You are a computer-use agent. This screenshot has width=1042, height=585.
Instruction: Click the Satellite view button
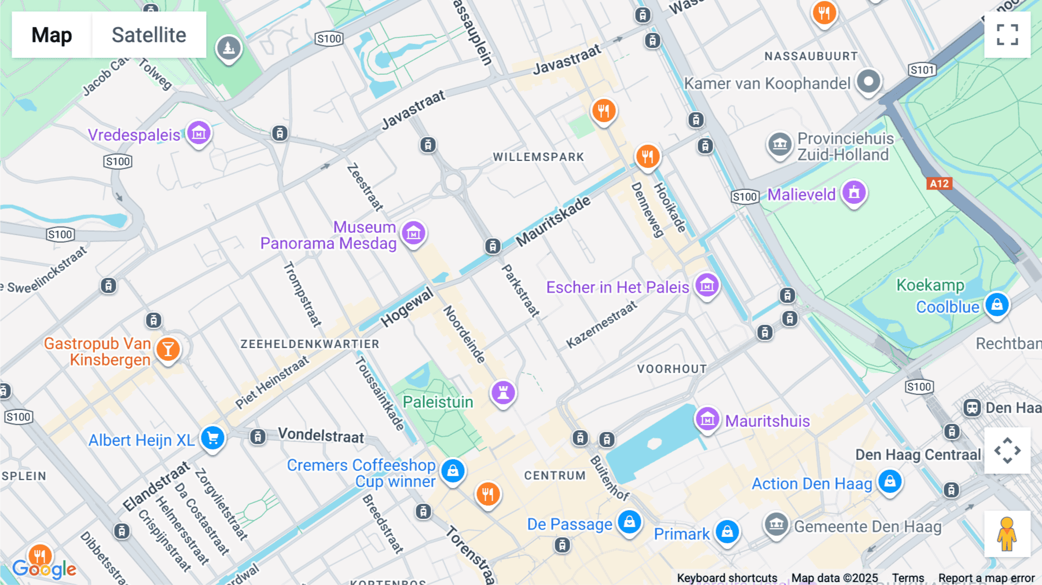point(149,35)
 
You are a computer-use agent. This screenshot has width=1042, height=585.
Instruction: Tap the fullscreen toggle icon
point(1007,35)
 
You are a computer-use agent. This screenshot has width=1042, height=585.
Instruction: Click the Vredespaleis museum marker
point(199,134)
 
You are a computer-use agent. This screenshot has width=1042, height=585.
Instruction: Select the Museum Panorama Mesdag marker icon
point(413,233)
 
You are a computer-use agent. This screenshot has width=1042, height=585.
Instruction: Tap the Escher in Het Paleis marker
point(707,286)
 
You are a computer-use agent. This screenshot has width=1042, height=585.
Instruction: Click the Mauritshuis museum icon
point(707,419)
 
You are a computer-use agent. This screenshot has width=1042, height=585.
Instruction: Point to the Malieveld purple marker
point(854,193)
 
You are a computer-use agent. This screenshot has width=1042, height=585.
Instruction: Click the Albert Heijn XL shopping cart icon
point(212,438)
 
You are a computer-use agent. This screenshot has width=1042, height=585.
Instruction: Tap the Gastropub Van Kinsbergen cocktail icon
point(168,349)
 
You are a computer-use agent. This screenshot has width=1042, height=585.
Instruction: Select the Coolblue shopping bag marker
point(997,305)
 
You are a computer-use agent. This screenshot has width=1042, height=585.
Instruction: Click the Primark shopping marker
point(727,532)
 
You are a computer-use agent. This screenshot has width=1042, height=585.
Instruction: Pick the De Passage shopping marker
point(629,522)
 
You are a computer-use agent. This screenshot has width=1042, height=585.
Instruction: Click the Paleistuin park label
point(438,402)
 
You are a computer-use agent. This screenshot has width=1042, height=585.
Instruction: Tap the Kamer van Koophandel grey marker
point(868,82)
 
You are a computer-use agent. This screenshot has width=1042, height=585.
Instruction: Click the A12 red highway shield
point(939,184)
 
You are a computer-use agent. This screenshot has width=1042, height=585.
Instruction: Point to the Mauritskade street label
point(553,221)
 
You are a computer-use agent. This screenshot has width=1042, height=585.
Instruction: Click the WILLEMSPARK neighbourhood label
point(538,157)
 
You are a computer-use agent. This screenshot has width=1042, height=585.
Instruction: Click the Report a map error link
point(986,578)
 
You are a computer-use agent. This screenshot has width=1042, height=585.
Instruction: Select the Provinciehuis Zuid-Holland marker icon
point(779,144)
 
